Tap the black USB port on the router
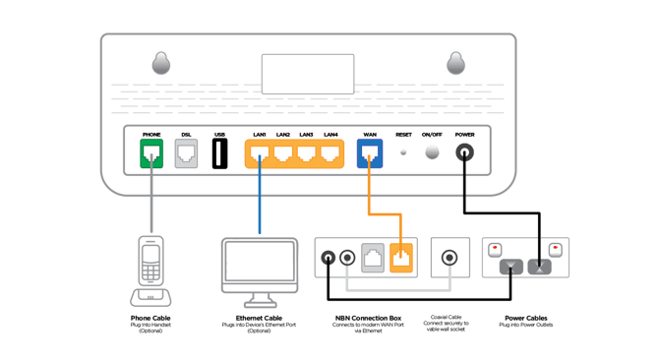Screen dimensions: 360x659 [x=220, y=153]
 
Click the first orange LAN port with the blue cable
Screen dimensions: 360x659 [x=260, y=153]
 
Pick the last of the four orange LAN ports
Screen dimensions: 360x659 [x=330, y=153]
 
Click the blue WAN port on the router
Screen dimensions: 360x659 [x=371, y=153]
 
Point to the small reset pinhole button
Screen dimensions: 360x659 [x=404, y=152]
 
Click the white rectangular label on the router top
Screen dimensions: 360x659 [x=308, y=74]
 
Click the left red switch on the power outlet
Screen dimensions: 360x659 [x=496, y=249]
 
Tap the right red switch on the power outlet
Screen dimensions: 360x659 [x=556, y=249]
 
